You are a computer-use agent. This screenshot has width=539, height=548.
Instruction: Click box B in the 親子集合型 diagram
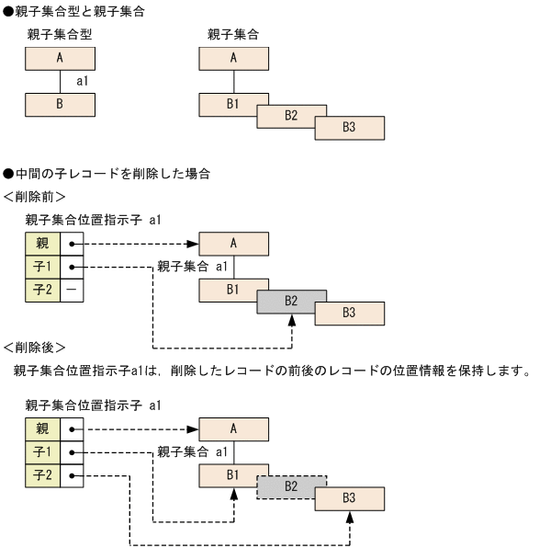pos(60,104)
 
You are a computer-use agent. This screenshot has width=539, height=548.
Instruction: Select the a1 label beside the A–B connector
pos(83,82)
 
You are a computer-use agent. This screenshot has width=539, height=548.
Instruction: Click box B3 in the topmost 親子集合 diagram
pos(350,127)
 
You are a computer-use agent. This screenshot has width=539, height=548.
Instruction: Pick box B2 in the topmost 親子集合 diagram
pos(292,116)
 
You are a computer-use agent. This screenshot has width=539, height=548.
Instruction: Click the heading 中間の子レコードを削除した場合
pos(111,174)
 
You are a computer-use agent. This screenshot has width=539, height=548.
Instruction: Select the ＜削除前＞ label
pos(34,197)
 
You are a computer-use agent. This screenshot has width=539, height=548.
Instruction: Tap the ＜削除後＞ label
pos(34,348)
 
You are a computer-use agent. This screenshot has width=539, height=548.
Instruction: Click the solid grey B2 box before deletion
pos(292,300)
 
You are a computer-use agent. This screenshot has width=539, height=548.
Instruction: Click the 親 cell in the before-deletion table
pos(42,244)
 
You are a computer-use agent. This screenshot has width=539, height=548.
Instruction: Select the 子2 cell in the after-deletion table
pos(42,476)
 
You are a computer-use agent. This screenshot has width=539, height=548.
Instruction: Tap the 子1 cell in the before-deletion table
pos(42,267)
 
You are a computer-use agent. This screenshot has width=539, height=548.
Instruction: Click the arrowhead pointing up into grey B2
pos(292,318)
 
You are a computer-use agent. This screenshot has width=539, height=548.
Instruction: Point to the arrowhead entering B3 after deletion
pos(350,516)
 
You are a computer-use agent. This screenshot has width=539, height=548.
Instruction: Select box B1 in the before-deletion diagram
pos(233,289)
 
